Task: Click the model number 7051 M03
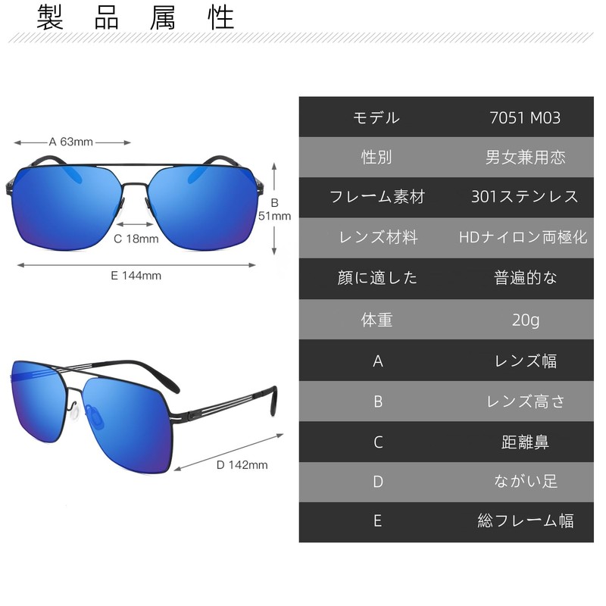click(x=525, y=117)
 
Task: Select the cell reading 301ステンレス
click(x=525, y=197)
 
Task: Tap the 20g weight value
click(x=525, y=320)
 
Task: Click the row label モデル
click(x=376, y=117)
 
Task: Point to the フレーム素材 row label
click(x=376, y=197)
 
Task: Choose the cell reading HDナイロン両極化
click(x=523, y=237)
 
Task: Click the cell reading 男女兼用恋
click(x=525, y=158)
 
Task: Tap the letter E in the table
click(x=377, y=520)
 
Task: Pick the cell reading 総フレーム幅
click(x=525, y=520)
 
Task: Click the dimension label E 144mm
click(x=136, y=276)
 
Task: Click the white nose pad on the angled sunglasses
click(x=74, y=413)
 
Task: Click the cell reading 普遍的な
click(x=525, y=278)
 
